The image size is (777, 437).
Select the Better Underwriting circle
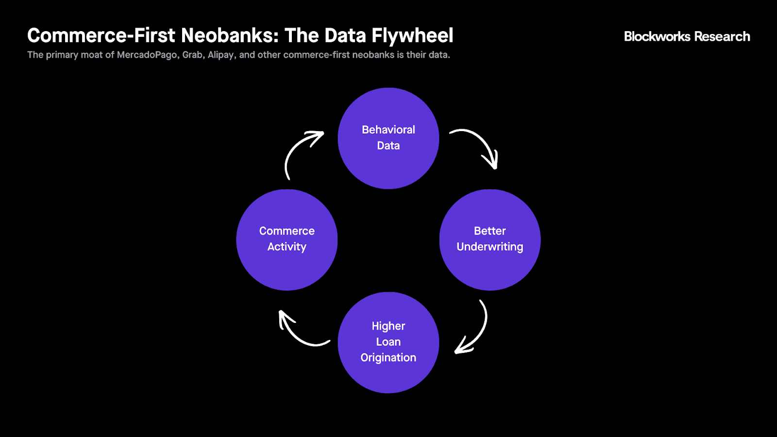(490, 267)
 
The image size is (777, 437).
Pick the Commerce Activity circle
(287, 267)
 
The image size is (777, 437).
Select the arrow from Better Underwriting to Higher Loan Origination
(478, 330)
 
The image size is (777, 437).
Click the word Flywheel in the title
(412, 36)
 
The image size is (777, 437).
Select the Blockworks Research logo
(687, 36)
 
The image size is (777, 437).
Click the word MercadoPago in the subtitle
(147, 55)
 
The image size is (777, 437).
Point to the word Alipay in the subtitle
(221, 55)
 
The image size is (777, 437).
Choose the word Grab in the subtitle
(192, 55)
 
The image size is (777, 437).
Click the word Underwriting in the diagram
(490, 247)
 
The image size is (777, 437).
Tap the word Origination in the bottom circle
(388, 358)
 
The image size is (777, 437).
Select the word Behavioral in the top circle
(388, 130)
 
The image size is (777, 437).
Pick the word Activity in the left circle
(287, 247)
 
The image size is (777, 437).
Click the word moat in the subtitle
(91, 55)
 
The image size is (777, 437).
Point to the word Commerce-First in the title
(101, 36)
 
